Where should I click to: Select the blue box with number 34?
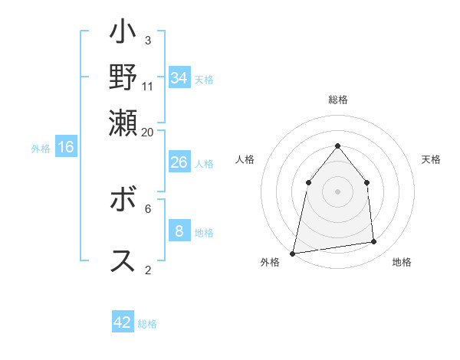179,78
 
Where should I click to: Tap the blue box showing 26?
179,162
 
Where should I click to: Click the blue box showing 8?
179,231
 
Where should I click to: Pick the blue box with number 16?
65,148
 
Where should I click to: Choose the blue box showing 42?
123,322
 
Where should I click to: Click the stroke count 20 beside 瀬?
148,132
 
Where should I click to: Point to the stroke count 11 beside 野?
148,86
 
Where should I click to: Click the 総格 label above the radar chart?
337,100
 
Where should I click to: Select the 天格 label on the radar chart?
431,159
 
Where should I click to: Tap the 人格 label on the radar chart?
245,159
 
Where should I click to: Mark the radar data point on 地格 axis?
374,242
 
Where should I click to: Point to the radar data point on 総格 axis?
337,146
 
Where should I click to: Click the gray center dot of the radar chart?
337,191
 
